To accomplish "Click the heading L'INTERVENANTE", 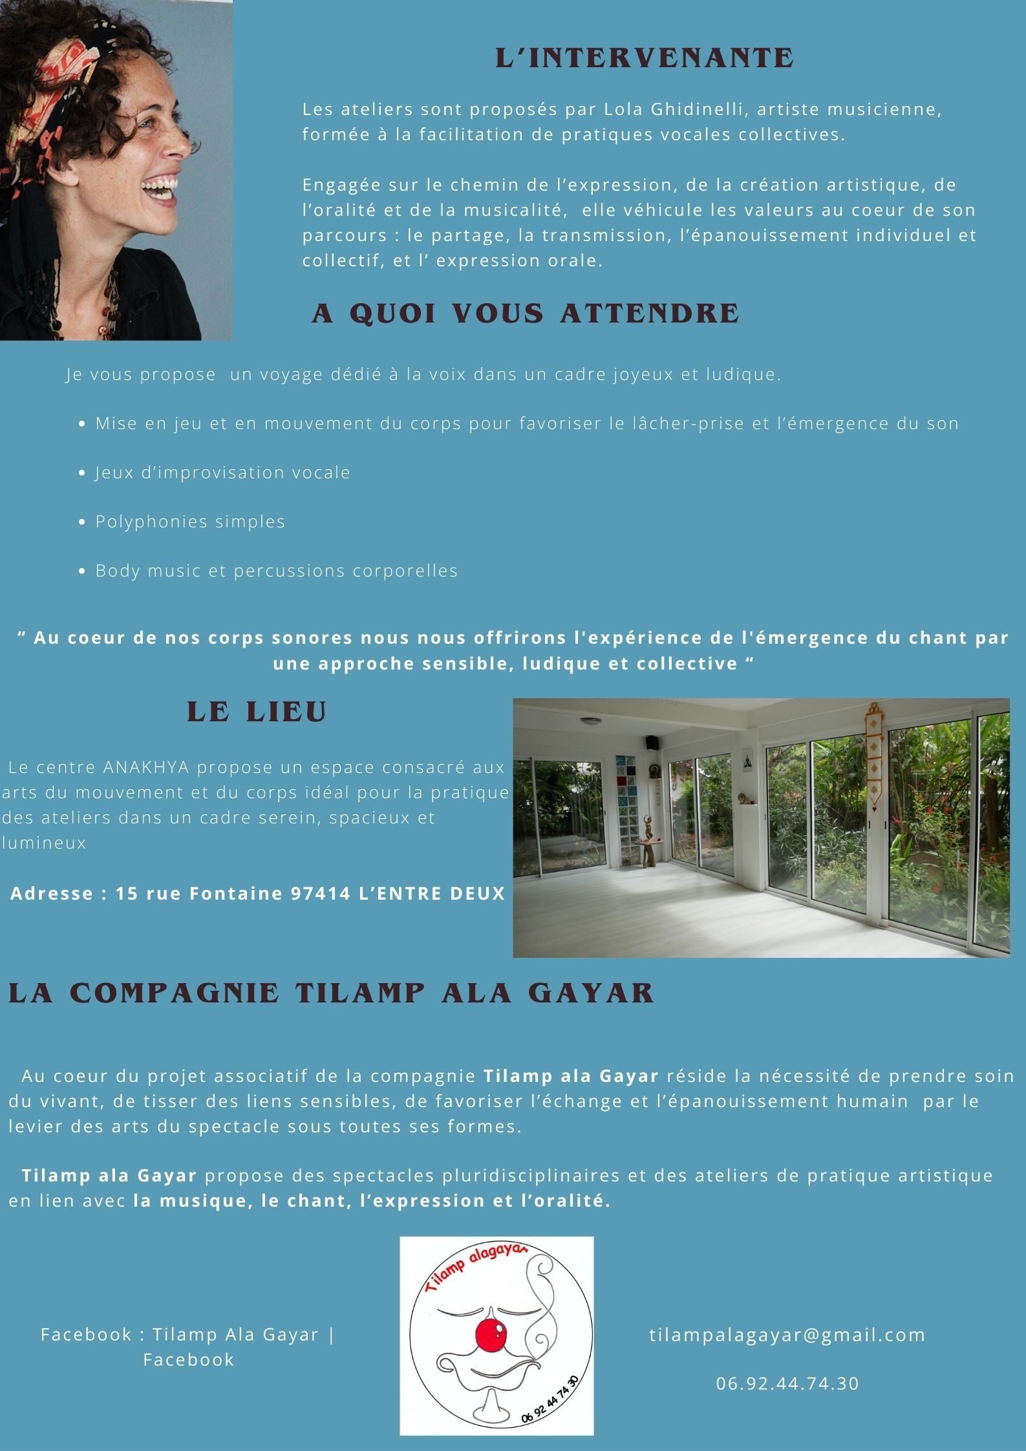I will [x=645, y=58].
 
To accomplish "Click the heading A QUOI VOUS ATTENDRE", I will [x=525, y=313].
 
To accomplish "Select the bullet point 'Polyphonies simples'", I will [x=190, y=522].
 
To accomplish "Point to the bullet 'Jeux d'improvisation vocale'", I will [x=222, y=472].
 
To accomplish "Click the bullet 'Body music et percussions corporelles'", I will [x=276, y=571].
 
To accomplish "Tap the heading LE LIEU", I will [x=257, y=712].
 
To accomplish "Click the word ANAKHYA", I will [x=146, y=767].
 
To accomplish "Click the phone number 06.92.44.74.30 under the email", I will [x=787, y=1383].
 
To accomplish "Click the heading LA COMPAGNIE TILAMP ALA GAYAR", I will [x=331, y=993].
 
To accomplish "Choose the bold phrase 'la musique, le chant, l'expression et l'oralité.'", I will [x=372, y=1201].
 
